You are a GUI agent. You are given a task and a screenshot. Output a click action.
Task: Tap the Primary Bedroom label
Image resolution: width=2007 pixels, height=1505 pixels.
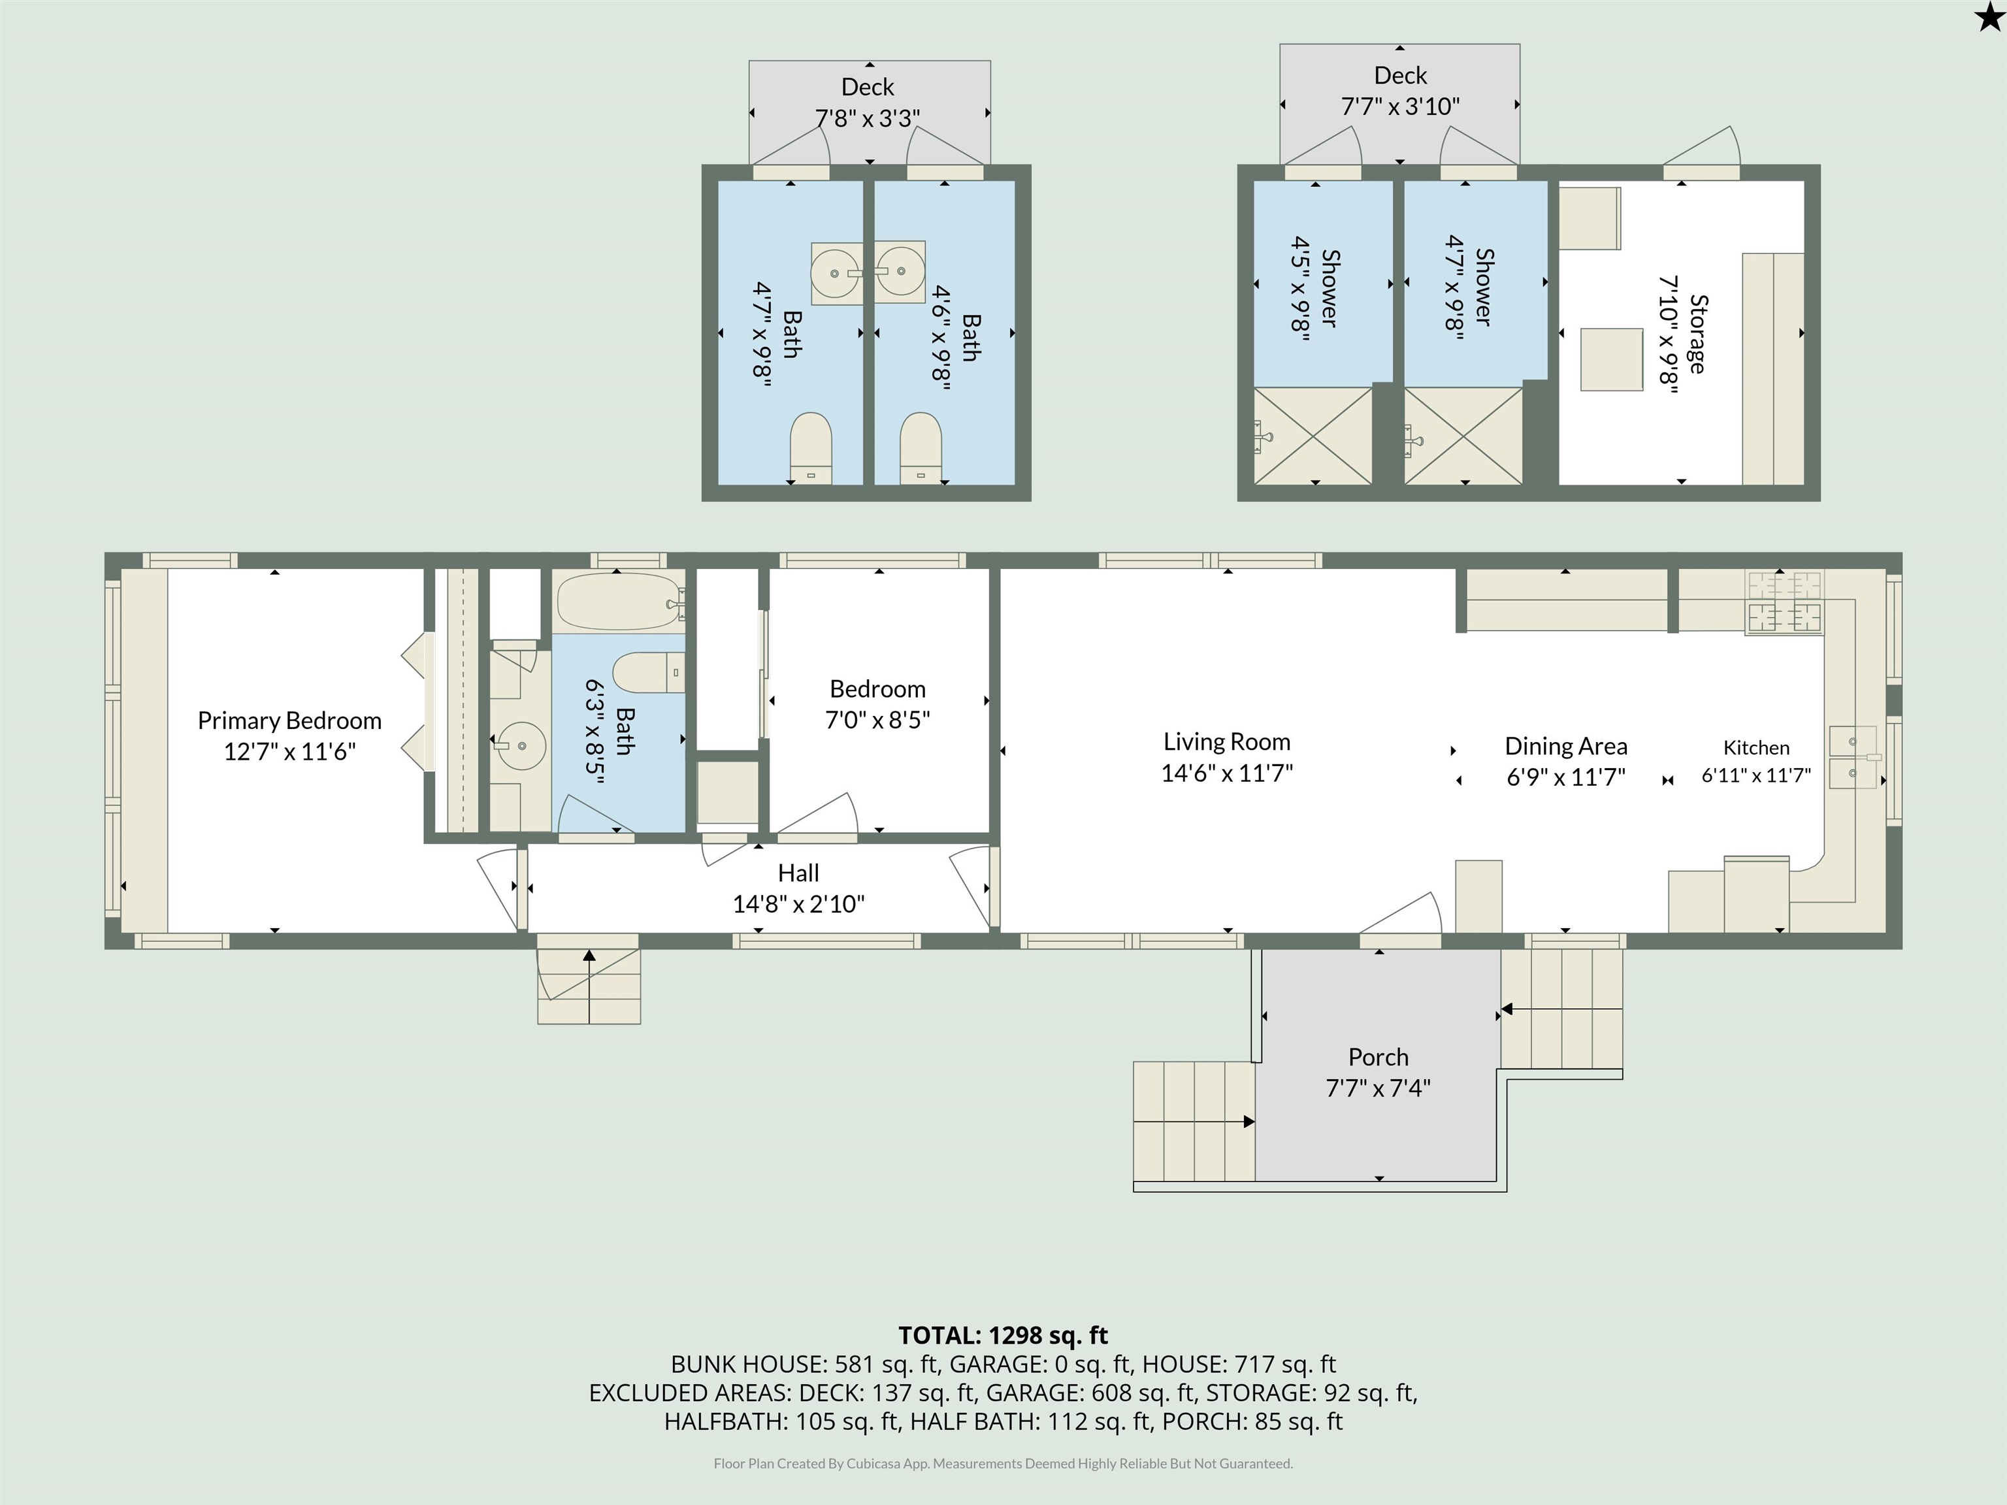289,720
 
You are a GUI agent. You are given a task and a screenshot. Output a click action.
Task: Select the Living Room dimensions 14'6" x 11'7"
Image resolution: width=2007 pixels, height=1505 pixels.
1227,773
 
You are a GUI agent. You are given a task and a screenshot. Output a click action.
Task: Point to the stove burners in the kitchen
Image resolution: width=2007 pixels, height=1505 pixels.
1784,602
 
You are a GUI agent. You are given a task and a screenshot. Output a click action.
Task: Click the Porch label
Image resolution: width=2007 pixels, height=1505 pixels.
1379,1057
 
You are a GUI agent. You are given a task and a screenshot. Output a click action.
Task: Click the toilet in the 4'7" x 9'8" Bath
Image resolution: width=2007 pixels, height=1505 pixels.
810,448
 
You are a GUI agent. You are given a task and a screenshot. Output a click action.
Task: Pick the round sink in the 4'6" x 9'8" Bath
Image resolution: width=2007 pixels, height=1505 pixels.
901,270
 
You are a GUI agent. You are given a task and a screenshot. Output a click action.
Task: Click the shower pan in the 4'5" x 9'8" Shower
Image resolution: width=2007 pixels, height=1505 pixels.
1313,436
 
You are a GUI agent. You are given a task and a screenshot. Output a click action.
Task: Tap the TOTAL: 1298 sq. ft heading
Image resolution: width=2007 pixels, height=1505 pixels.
1003,1335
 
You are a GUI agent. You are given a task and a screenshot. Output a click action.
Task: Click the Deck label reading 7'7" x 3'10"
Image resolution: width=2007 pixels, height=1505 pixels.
1400,91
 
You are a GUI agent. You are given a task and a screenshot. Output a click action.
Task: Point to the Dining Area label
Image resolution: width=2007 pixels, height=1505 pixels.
1566,746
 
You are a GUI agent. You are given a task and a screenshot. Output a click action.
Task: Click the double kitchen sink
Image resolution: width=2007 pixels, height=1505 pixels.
1853,756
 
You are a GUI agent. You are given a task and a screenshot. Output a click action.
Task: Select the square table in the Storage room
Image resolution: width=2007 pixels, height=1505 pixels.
1611,359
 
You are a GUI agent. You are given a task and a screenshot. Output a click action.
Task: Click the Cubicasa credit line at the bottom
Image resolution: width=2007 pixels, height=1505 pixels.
1003,1463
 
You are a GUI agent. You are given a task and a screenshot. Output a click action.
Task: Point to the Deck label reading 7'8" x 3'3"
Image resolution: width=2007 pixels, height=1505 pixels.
868,103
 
